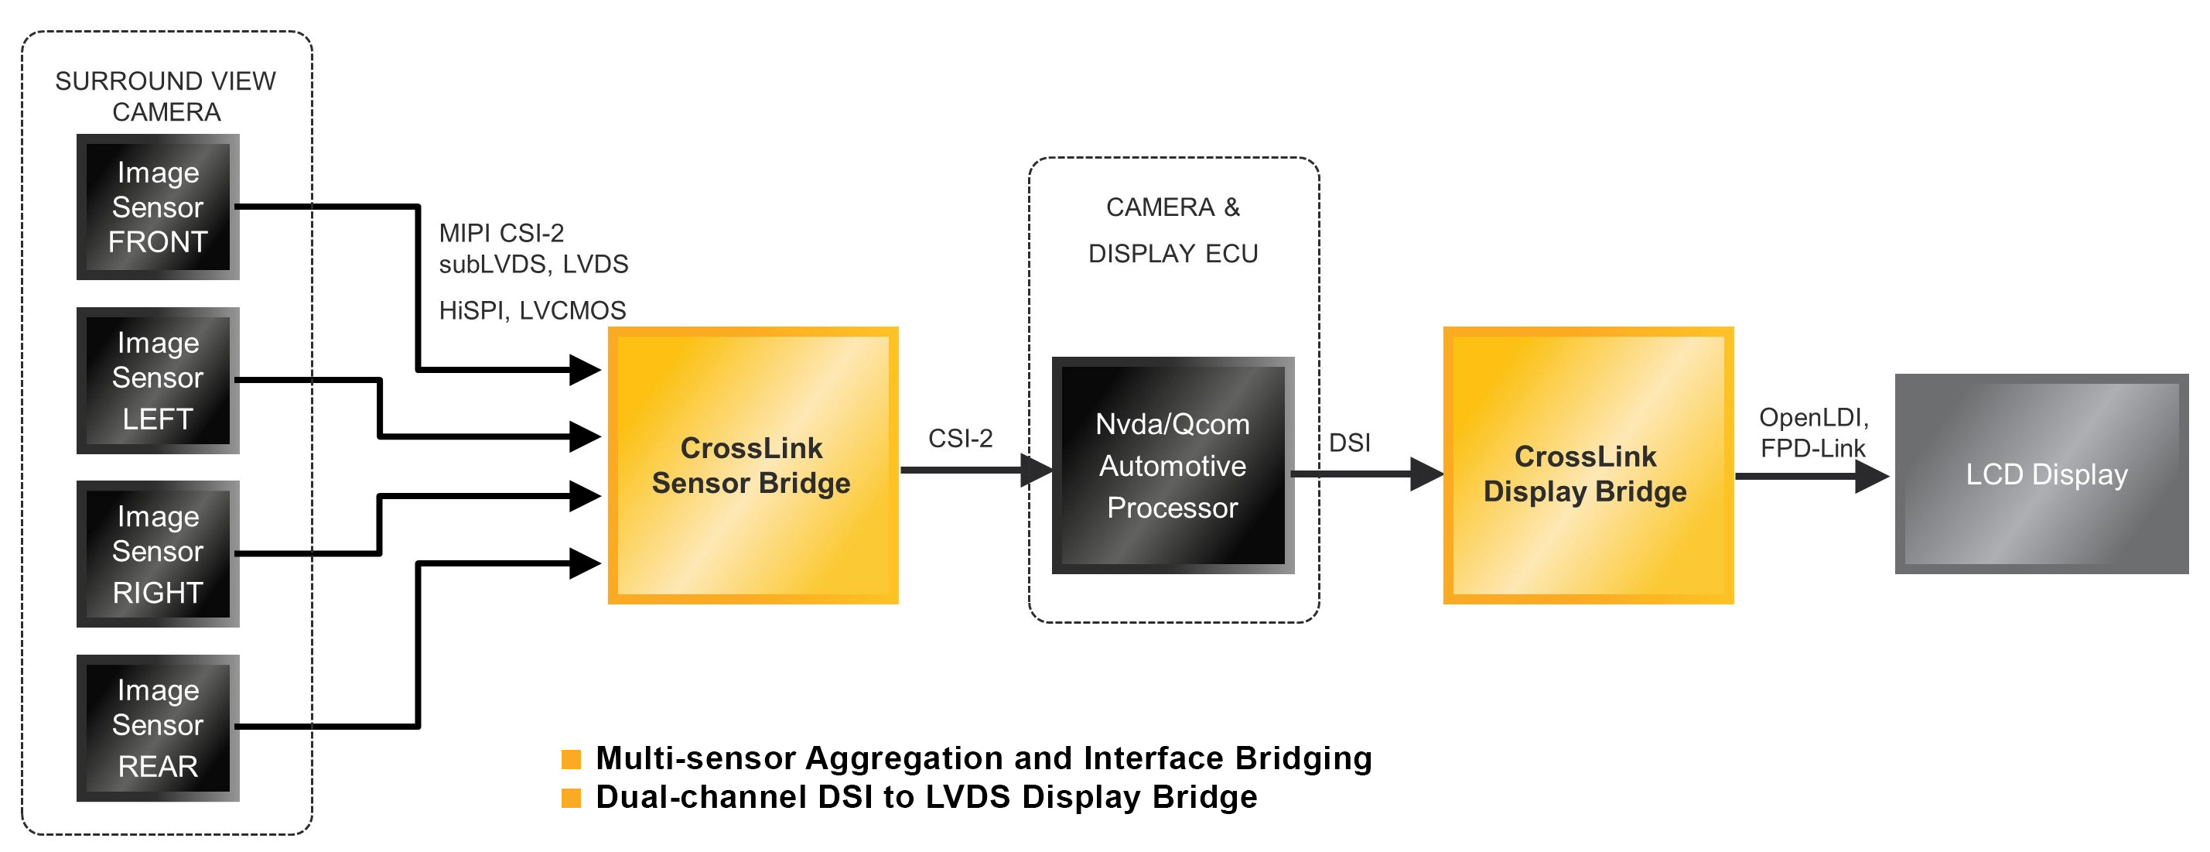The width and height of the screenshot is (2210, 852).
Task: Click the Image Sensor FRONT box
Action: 158,207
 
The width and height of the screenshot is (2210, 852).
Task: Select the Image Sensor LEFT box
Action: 158,380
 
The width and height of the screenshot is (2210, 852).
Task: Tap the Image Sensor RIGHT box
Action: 158,553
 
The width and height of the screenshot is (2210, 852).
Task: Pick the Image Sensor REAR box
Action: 158,727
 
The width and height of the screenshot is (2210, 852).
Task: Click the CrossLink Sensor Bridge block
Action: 753,465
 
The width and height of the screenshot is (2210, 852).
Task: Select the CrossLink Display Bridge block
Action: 1587,465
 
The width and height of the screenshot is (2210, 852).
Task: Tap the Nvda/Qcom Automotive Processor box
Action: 1172,465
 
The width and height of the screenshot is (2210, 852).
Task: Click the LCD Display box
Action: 2041,474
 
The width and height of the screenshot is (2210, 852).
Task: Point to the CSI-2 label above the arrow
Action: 960,439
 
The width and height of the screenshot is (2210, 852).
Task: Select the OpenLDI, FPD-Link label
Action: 1812,433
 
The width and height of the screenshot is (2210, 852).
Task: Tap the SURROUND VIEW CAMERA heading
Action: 166,96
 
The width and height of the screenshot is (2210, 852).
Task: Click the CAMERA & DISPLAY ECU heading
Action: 1172,230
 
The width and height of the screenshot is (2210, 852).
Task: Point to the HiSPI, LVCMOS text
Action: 532,310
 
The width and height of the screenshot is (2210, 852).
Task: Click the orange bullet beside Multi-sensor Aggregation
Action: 572,758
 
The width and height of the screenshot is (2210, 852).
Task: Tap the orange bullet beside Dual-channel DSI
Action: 572,797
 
